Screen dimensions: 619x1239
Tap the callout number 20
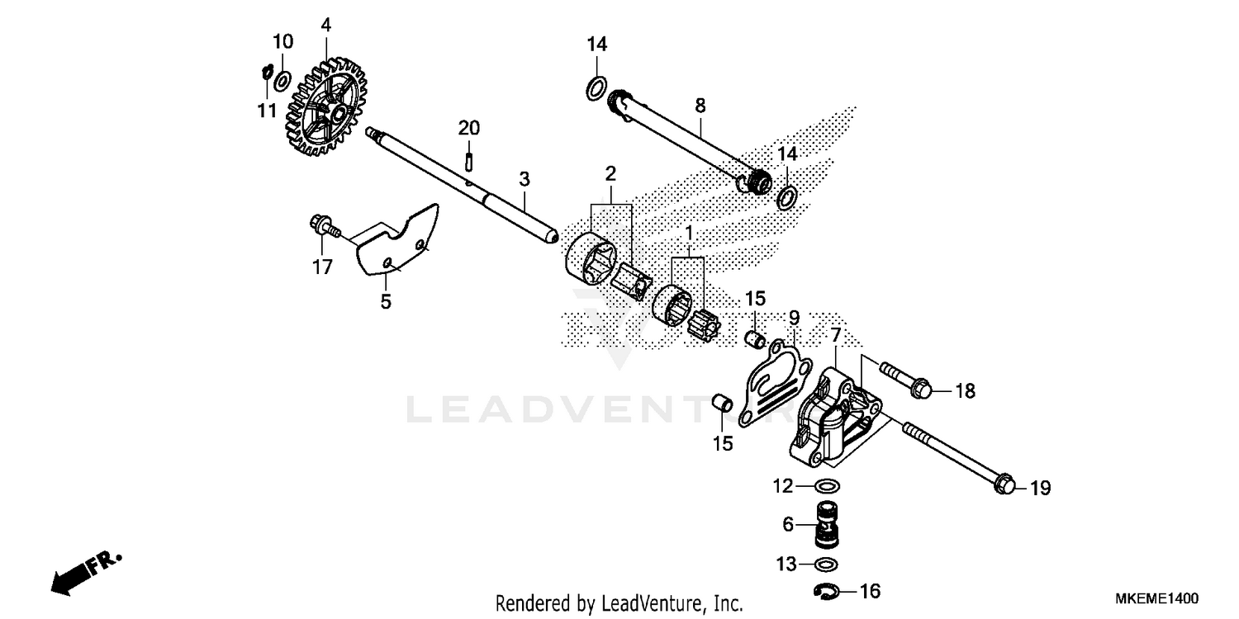[x=469, y=128]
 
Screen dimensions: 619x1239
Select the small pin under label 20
[x=469, y=154]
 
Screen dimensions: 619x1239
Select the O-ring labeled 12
[x=828, y=485]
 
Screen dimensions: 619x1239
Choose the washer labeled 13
[x=827, y=565]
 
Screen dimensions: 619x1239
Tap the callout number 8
[x=700, y=105]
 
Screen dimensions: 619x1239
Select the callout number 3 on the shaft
[x=524, y=179]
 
